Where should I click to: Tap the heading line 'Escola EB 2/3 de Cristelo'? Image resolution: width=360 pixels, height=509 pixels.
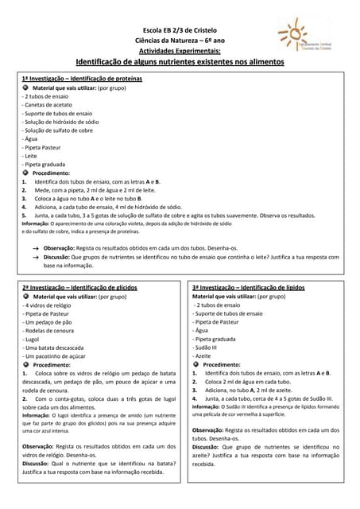[x=179, y=28]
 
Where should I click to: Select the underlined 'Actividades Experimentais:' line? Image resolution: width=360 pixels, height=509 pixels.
[x=179, y=49]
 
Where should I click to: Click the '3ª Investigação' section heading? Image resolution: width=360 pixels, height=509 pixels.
[x=248, y=287]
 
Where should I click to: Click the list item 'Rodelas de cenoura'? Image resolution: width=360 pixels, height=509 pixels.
[x=50, y=330]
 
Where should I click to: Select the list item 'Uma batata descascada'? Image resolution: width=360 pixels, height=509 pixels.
[x=54, y=347]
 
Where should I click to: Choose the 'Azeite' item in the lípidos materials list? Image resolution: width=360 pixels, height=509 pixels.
[x=203, y=356]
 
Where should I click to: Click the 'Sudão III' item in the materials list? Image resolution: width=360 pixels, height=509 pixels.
[x=206, y=347]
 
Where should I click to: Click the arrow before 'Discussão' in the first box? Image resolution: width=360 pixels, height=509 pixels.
[x=37, y=258]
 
